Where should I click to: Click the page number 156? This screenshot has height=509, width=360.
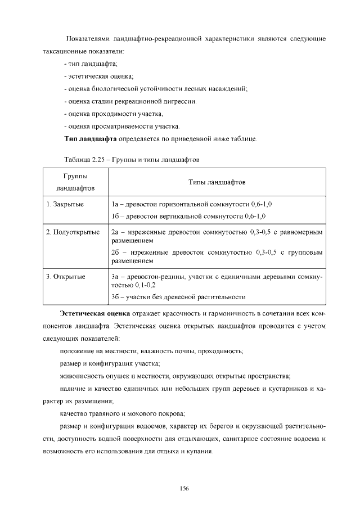tap(183, 488)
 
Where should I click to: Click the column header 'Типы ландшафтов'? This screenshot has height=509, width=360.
tap(217, 182)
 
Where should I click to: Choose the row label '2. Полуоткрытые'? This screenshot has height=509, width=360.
tap(73, 232)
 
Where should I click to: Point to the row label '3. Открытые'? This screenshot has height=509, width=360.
tap(66, 277)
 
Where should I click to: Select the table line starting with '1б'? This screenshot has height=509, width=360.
tap(188, 216)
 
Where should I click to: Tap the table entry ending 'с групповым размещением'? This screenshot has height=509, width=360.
tap(217, 257)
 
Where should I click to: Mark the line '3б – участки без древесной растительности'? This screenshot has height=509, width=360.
tap(178, 297)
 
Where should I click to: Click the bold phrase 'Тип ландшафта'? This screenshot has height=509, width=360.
tap(91, 138)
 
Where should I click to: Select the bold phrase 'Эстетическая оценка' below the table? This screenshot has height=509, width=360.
tap(95, 312)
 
